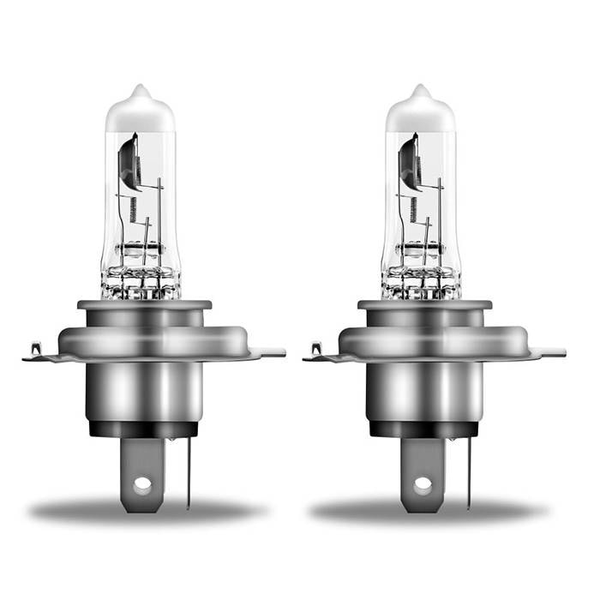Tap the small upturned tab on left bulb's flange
tap(34, 349)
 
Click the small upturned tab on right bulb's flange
tap(315, 349)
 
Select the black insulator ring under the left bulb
tap(142, 428)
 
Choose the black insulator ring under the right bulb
tap(423, 428)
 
